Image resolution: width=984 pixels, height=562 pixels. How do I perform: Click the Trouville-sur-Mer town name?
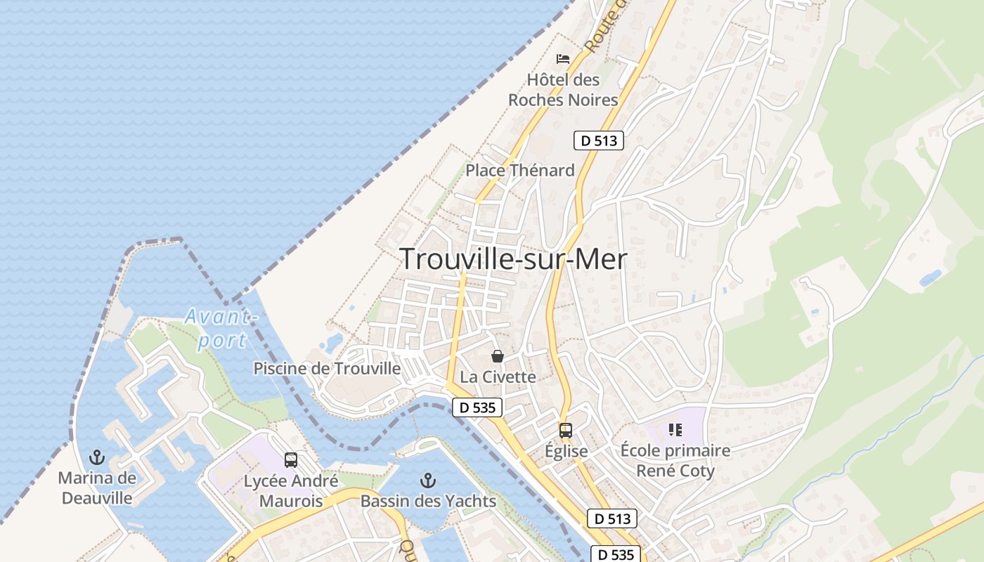(x=513, y=259)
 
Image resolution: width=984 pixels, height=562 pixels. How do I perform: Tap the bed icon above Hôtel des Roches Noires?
(x=563, y=58)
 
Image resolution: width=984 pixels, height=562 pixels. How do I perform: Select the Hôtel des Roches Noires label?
(x=563, y=90)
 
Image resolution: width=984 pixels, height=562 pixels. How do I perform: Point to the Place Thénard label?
(x=520, y=170)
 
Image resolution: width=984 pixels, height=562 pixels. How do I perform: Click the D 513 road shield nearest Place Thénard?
(x=599, y=140)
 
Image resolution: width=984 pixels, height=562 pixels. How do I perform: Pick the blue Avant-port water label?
(x=219, y=328)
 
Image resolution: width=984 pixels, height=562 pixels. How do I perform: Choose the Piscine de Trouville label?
(x=327, y=368)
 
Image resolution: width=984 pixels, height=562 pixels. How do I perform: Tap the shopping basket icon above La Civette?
(x=498, y=356)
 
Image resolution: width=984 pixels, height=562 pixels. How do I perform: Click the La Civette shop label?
(x=498, y=377)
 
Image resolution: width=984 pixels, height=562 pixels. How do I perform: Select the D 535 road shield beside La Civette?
(x=477, y=407)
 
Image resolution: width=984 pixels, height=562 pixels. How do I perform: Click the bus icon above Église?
(x=566, y=431)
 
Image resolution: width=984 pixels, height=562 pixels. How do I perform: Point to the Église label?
(x=566, y=451)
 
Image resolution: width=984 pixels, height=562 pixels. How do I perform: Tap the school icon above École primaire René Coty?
(x=675, y=430)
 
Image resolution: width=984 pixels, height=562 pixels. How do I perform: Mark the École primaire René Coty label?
(x=675, y=460)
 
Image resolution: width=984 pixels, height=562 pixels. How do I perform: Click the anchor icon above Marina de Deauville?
(x=97, y=458)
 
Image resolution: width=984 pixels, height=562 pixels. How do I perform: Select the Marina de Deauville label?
(x=97, y=488)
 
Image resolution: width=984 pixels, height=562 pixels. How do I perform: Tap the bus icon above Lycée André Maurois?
(x=291, y=460)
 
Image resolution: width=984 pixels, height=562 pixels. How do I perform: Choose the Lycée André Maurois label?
(x=291, y=491)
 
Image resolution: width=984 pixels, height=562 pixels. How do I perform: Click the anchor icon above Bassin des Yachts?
(x=428, y=481)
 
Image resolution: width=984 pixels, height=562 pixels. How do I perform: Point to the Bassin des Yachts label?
(x=428, y=502)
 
